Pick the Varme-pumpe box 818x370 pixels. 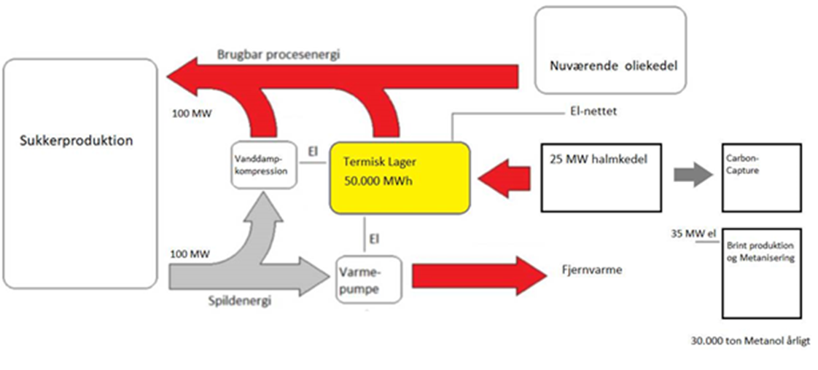pyautogui.click(x=369, y=279)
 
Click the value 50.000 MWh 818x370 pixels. pyautogui.click(x=379, y=181)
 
